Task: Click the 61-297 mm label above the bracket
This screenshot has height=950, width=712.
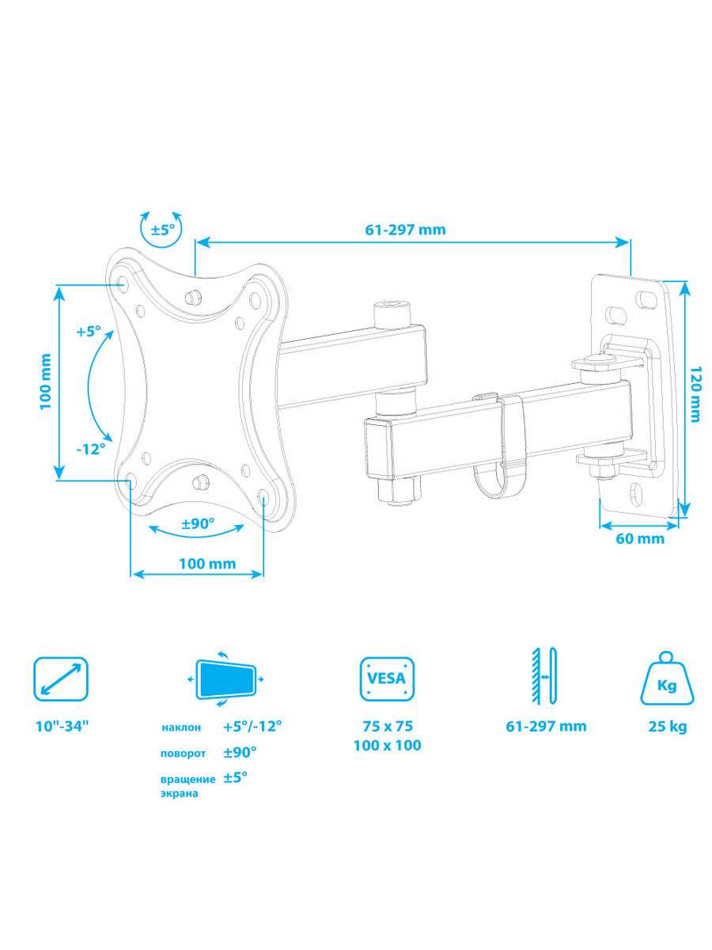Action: tap(405, 230)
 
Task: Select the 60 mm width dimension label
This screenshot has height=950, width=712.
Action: tap(640, 538)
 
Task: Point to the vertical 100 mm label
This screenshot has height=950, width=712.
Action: tap(46, 381)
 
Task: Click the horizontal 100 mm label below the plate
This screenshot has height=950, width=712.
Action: tap(207, 564)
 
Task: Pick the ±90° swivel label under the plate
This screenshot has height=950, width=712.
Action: tap(198, 524)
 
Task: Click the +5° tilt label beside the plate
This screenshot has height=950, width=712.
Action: tap(88, 332)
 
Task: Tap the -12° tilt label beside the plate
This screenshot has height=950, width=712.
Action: tap(91, 449)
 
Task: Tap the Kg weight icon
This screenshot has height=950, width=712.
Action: tap(667, 689)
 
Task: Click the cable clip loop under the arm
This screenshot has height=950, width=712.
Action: tap(499, 481)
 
